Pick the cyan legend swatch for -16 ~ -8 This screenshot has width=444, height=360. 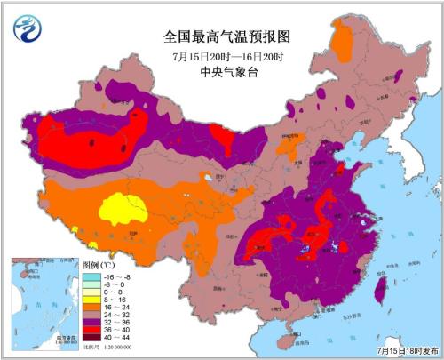[90, 276]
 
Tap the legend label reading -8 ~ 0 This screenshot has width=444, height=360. [117, 286]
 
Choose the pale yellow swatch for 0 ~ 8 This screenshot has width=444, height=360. [90, 296]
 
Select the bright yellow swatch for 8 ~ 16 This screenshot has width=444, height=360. [90, 306]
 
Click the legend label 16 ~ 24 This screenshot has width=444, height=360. [117, 316]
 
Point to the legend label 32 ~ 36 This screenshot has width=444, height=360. [117, 334]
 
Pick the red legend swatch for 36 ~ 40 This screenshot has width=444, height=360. [90, 344]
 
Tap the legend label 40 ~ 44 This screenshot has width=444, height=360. [117, 353]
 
